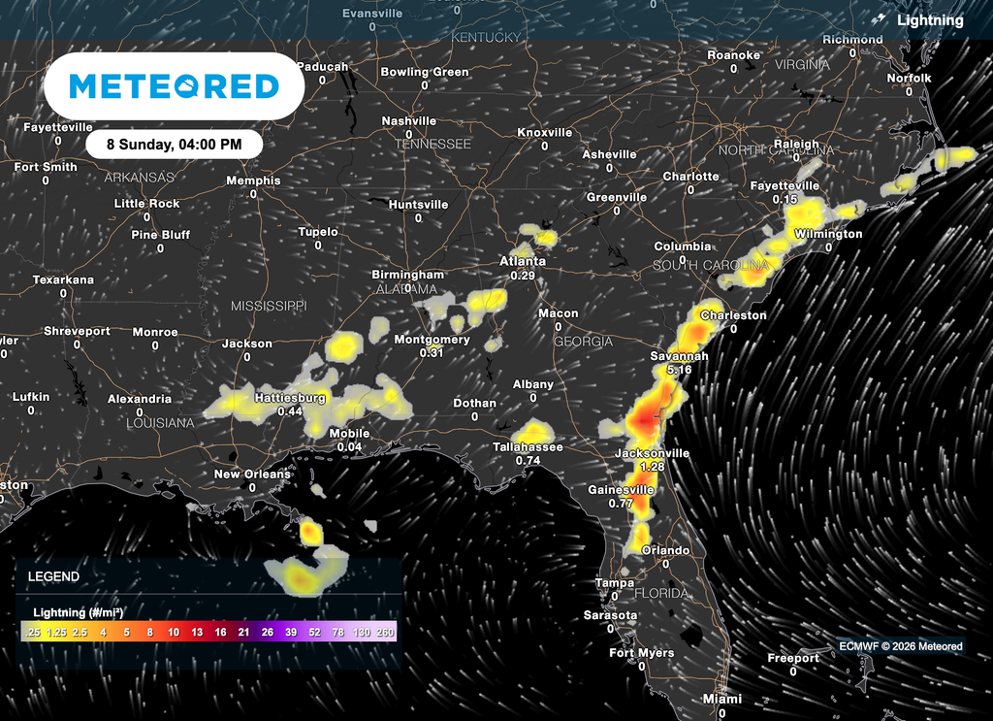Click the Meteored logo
pos(175,86)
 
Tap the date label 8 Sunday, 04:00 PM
pos(175,144)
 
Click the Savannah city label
pos(679,356)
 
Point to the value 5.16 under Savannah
pos(679,370)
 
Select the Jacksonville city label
pos(653,453)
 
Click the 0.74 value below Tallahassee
pos(529,460)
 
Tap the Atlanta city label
pos(522,261)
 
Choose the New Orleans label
pos(252,474)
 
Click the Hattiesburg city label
pos(290,398)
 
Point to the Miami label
pos(721,699)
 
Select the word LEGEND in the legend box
pos(53,576)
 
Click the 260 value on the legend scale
pos(387,632)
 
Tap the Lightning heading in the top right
pos(930,19)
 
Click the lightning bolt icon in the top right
pos(880,19)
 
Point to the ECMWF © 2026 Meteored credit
pos(900,646)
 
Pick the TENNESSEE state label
pos(432,144)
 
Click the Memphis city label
pos(253,180)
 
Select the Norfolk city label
pos(909,78)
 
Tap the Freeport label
pos(792,658)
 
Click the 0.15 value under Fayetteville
pos(785,199)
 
